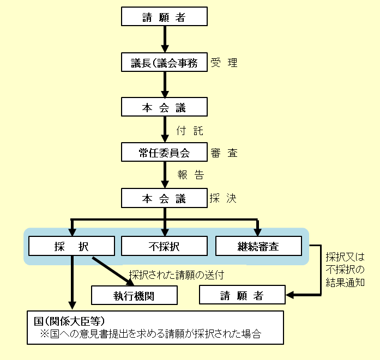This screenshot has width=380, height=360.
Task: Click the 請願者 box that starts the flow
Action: click(164, 17)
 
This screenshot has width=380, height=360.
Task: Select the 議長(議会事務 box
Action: click(164, 63)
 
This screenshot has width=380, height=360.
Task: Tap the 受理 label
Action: click(224, 63)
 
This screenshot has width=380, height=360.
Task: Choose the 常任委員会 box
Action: click(164, 153)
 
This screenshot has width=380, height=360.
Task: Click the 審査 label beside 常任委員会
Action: click(224, 153)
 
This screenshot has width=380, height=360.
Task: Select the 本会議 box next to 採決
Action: click(164, 199)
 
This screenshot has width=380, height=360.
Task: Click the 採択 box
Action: click(71, 246)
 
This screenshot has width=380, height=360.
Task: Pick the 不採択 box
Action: click(164, 246)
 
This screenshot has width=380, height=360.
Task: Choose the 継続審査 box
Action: click(258, 246)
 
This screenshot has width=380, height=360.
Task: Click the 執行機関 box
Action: click(135, 296)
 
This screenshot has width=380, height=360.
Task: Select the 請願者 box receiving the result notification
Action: click(242, 296)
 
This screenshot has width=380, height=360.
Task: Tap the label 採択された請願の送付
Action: click(176, 275)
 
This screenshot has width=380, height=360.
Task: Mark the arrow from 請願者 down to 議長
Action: click(164, 39)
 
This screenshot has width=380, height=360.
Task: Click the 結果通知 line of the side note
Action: click(345, 282)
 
